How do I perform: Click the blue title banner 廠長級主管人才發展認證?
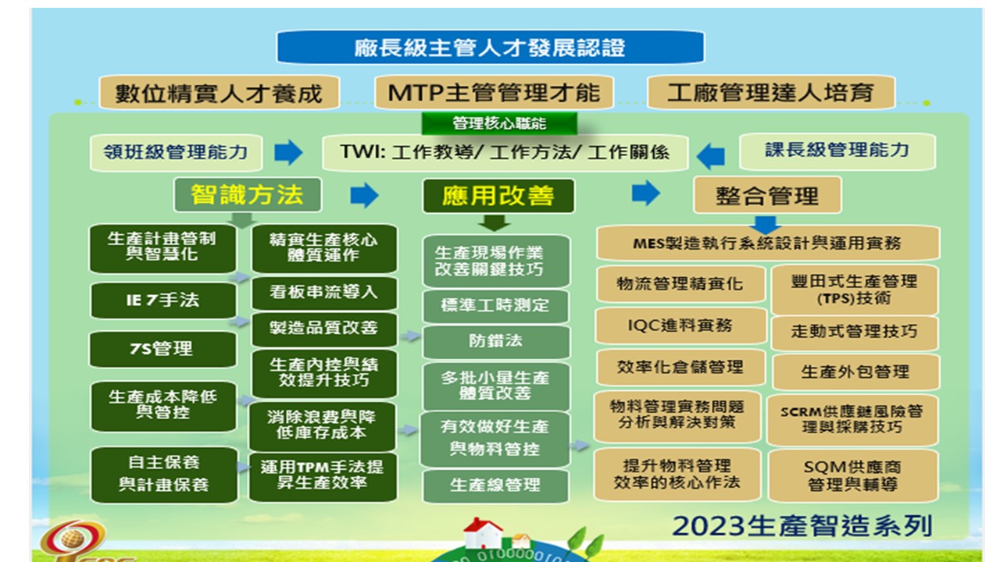point(490,47)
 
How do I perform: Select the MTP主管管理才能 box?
point(495,93)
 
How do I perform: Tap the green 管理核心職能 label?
point(499,123)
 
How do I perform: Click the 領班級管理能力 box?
point(176,152)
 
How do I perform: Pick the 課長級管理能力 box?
point(837,151)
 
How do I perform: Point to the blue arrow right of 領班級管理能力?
point(288,152)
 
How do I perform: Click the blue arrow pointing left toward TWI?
point(710,155)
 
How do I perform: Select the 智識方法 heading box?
point(248,195)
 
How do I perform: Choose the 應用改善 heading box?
point(498,196)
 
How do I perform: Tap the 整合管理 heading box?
point(767,195)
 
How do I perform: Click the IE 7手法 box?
point(163,301)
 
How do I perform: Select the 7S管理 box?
point(162,349)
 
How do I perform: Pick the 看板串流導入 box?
point(324,293)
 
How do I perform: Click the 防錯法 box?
point(496,341)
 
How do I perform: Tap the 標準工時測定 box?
point(495,305)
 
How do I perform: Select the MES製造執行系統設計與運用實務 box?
point(768,243)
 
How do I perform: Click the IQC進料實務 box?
point(680,325)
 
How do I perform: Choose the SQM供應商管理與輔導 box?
point(853,475)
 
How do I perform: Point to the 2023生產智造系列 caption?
point(802,526)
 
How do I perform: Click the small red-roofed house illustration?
point(483,534)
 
